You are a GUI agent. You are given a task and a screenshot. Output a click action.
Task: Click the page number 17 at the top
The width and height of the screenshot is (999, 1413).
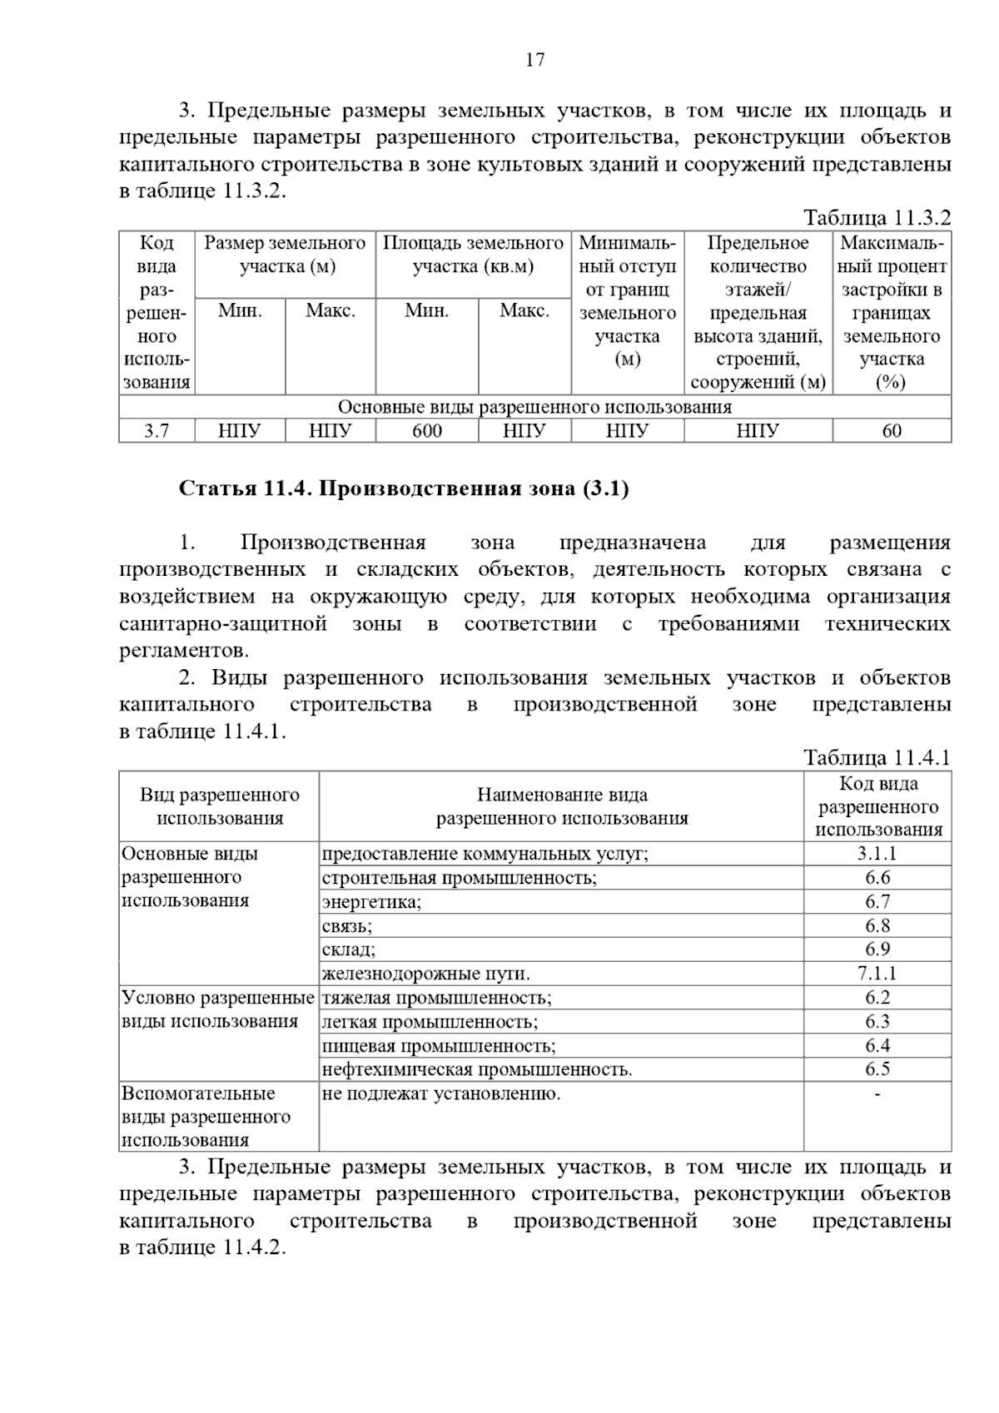(x=534, y=60)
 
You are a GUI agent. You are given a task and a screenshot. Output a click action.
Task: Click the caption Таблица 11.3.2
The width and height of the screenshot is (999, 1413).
(x=876, y=219)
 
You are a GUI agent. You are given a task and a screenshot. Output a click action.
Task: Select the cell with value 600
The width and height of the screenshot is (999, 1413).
(x=426, y=431)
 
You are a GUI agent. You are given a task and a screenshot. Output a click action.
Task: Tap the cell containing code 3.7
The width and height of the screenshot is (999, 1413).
(x=157, y=431)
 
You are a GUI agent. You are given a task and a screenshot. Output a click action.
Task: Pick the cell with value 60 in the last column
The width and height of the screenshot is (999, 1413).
(x=891, y=431)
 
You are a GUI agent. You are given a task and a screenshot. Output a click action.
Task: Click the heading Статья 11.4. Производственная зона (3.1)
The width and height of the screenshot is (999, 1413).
(x=404, y=488)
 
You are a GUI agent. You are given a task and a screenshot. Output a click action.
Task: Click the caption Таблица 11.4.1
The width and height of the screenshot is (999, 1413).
(x=876, y=758)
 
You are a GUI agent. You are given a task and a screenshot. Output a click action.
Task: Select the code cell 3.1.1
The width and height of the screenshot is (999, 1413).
(x=877, y=854)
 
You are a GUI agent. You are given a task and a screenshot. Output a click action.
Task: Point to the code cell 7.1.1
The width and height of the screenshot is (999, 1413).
(x=877, y=974)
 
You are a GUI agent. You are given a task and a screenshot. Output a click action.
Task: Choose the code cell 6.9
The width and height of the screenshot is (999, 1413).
(x=877, y=949)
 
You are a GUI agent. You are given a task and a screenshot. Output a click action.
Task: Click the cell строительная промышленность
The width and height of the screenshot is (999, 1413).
(x=460, y=878)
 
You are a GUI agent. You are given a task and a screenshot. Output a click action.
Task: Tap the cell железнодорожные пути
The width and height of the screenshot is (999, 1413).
(x=426, y=974)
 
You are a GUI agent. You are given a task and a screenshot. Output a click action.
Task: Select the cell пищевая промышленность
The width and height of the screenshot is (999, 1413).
(x=439, y=1046)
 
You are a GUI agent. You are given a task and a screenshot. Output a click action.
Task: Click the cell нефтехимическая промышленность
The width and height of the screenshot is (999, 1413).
(x=477, y=1070)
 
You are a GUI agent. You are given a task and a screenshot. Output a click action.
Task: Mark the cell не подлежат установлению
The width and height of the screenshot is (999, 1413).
(x=441, y=1094)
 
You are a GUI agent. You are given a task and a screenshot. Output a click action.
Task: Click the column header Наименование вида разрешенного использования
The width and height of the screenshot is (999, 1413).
(x=562, y=806)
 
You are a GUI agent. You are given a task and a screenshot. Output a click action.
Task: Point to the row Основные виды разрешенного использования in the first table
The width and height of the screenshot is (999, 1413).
(x=534, y=408)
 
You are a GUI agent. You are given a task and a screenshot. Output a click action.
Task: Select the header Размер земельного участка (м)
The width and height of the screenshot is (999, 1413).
(x=285, y=255)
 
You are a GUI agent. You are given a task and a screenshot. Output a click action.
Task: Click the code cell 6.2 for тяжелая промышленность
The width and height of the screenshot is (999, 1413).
(x=877, y=998)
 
